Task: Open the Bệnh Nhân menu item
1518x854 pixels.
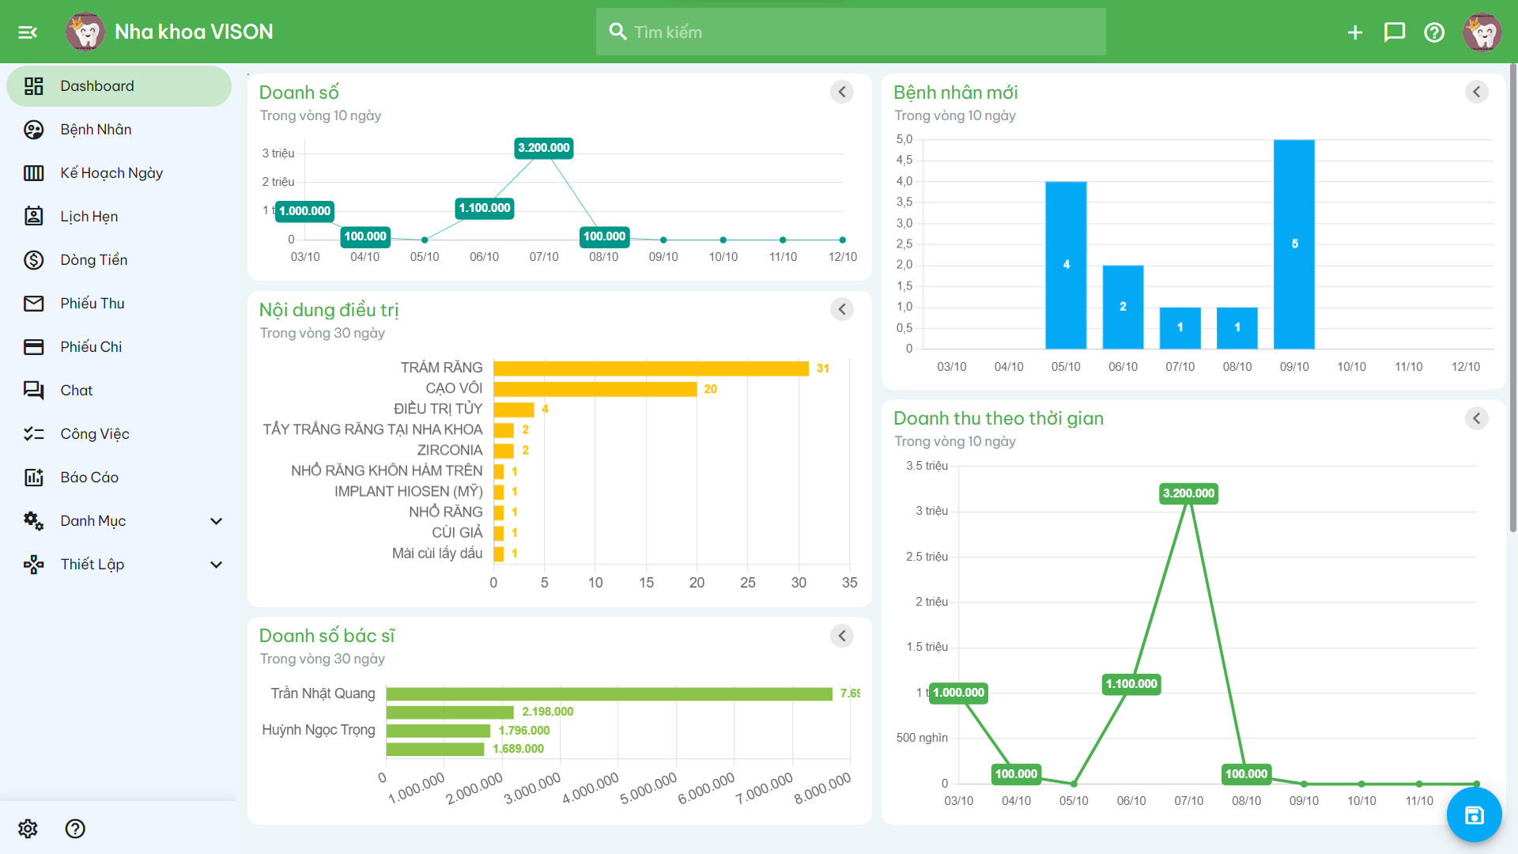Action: pyautogui.click(x=96, y=130)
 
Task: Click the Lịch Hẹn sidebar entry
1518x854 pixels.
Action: pyautogui.click(x=89, y=217)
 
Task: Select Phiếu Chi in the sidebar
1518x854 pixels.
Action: pyautogui.click(x=91, y=347)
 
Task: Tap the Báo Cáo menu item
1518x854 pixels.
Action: pyautogui.click(x=89, y=478)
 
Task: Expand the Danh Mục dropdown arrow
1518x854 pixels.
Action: pyautogui.click(x=216, y=521)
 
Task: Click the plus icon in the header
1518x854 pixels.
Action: pyautogui.click(x=1354, y=32)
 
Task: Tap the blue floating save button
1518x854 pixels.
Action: pyautogui.click(x=1474, y=815)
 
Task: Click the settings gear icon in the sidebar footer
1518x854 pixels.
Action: pyautogui.click(x=28, y=829)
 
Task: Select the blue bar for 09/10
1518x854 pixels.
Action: pyautogui.click(x=1294, y=244)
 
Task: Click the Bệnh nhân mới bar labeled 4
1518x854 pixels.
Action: pyautogui.click(x=1066, y=265)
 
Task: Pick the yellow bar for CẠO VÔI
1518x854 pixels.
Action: pyautogui.click(x=595, y=389)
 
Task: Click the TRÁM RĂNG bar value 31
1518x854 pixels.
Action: pyautogui.click(x=822, y=368)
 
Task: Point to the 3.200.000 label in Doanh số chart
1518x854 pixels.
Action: pyautogui.click(x=544, y=148)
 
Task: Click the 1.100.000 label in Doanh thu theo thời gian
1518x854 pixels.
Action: pyautogui.click(x=1131, y=684)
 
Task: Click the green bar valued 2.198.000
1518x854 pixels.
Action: pyautogui.click(x=450, y=712)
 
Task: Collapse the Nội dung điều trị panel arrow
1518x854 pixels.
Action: pyautogui.click(x=841, y=310)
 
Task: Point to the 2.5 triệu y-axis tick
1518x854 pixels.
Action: pyautogui.click(x=927, y=557)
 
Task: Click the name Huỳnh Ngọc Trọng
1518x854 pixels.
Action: pyautogui.click(x=319, y=730)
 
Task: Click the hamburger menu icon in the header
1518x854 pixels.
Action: pyautogui.click(x=28, y=32)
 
